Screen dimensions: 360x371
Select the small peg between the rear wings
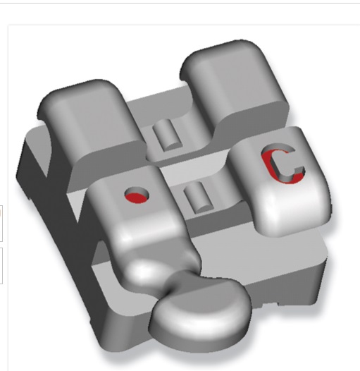tap(167, 135)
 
